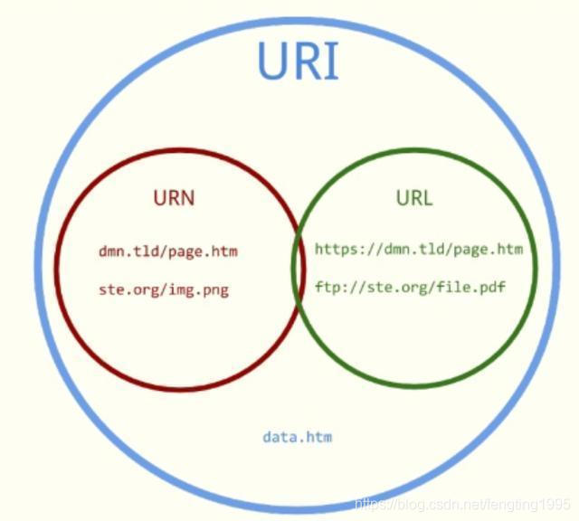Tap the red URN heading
click(174, 197)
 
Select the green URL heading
click(413, 197)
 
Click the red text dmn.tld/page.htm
click(168, 251)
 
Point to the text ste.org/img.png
click(163, 289)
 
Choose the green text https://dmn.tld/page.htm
click(419, 249)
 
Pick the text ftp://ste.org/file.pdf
click(410, 288)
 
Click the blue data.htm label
click(298, 437)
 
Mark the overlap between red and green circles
click(298, 269)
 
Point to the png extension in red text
click(215, 289)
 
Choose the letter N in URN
click(186, 197)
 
